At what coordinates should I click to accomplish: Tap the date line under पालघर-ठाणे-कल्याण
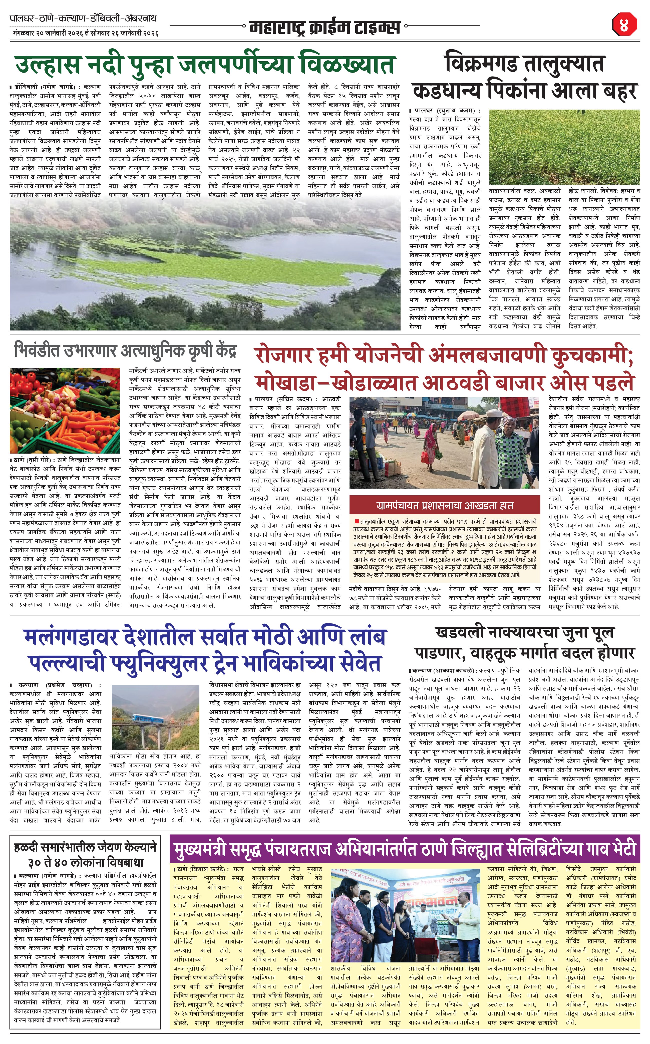(84, 33)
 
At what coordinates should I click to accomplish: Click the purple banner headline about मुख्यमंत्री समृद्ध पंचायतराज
(404, 850)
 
